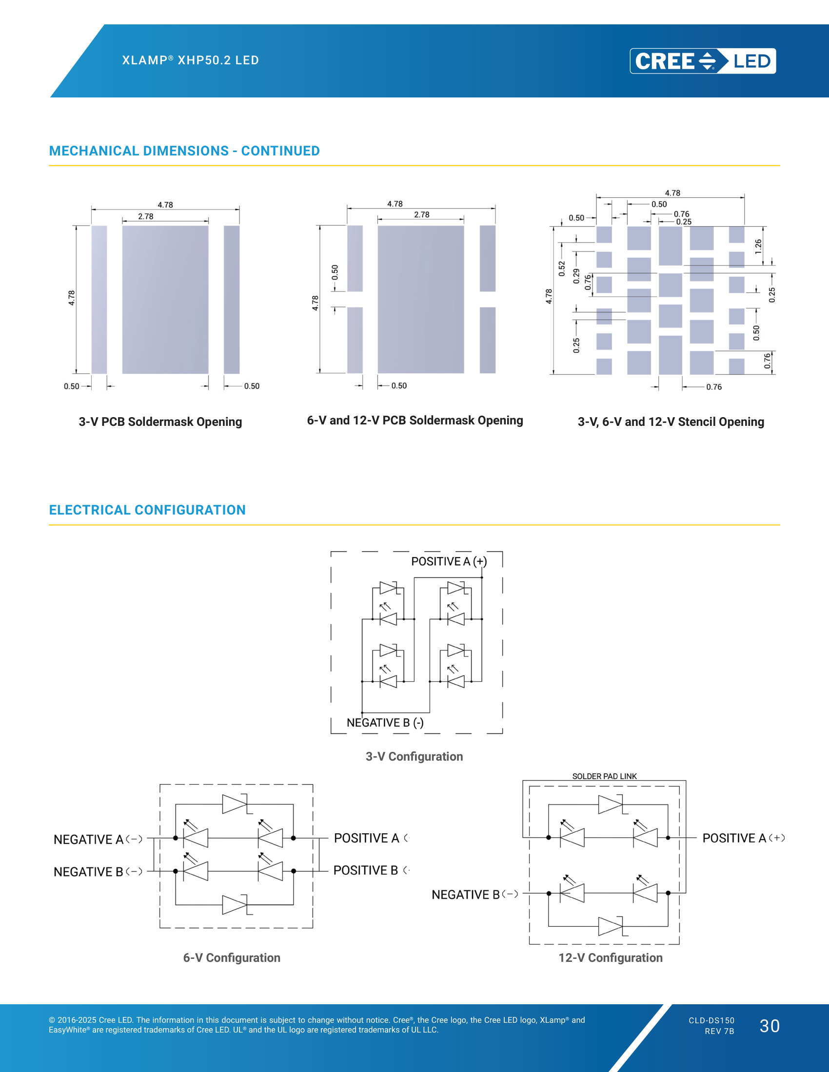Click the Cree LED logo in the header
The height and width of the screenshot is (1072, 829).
click(x=703, y=61)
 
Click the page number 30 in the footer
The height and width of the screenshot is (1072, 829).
click(x=770, y=1026)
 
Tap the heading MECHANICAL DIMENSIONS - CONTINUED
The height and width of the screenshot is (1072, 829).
click(x=184, y=151)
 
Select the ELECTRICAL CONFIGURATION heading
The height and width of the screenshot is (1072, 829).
click(x=147, y=510)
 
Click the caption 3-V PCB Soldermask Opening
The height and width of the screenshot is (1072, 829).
click(x=160, y=422)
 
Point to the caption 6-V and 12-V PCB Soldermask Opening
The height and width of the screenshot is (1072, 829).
click(x=415, y=421)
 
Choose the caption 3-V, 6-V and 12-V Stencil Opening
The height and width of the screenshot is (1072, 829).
click(x=671, y=422)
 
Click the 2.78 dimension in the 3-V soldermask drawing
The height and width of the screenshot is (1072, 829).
click(x=146, y=216)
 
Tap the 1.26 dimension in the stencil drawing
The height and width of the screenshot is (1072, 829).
click(x=758, y=247)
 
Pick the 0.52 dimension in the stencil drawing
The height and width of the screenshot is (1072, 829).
click(x=562, y=268)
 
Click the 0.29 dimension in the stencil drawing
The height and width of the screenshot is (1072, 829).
click(x=576, y=276)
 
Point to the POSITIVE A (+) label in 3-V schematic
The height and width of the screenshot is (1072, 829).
click(x=449, y=561)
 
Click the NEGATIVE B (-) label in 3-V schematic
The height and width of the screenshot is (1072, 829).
click(x=385, y=723)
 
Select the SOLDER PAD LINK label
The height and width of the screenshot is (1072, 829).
click(x=605, y=776)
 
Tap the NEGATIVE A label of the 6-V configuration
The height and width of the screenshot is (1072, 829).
click(x=98, y=840)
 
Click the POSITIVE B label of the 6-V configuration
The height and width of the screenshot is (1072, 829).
click(x=371, y=870)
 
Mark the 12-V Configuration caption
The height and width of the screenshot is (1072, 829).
click(x=611, y=957)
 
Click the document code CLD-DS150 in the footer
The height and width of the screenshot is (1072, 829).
click(x=711, y=1020)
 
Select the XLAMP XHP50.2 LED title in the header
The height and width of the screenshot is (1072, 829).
click(x=191, y=60)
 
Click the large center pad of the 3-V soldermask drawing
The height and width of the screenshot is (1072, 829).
click(x=165, y=299)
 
